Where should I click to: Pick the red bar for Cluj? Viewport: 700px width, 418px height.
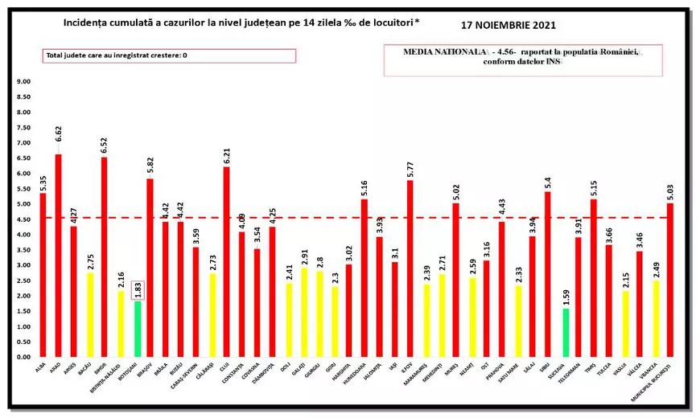coord(226,261)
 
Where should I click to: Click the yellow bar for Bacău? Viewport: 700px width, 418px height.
coord(89,314)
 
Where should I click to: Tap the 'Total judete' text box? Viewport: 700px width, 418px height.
coord(169,55)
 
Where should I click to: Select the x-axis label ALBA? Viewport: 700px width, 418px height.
coord(39,367)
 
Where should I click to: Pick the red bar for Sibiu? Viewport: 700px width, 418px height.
coord(548,274)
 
